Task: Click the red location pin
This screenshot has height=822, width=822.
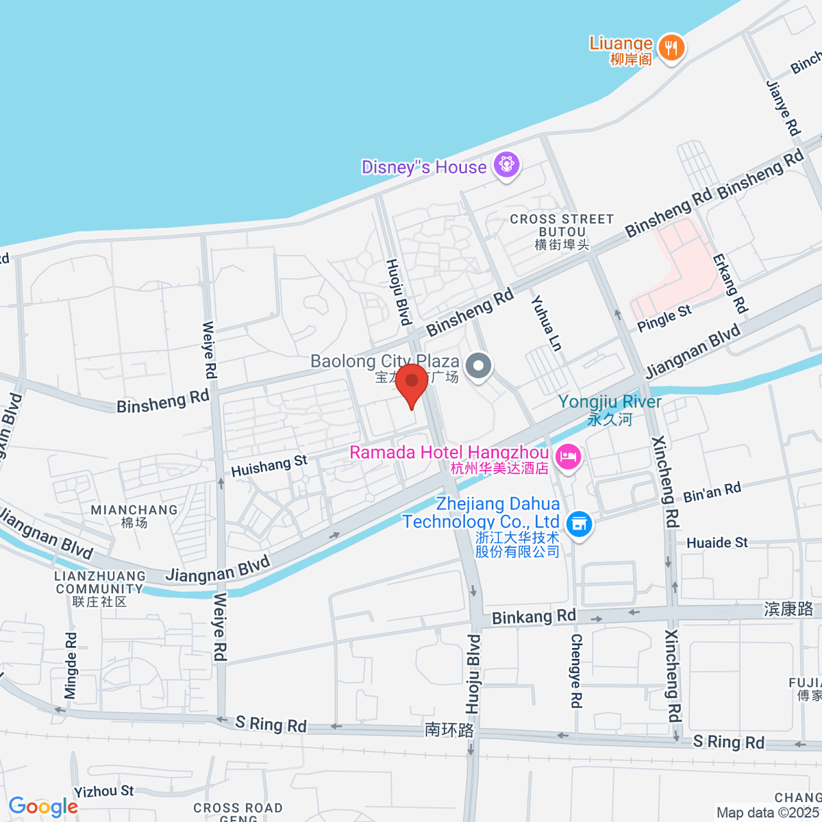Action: click(x=412, y=384)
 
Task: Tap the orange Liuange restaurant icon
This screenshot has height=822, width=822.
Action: click(x=671, y=48)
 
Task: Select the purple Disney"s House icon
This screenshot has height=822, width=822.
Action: click(x=507, y=165)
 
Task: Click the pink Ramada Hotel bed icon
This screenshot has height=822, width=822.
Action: click(x=568, y=456)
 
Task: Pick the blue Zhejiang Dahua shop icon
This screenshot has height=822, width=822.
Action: click(x=580, y=524)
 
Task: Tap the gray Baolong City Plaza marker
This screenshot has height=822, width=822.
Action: click(x=478, y=365)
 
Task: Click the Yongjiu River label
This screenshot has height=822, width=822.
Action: click(x=610, y=402)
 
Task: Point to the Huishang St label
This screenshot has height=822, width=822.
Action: click(x=269, y=466)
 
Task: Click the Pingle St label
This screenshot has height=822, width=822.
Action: click(x=664, y=319)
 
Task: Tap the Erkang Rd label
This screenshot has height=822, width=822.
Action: click(x=730, y=284)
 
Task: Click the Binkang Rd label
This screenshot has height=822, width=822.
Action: click(x=534, y=616)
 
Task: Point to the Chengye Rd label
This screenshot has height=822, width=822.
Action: click(x=576, y=671)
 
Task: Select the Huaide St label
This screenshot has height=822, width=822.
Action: click(x=717, y=543)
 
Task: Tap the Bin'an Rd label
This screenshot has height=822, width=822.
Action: click(x=712, y=492)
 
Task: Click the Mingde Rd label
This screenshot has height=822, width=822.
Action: click(x=71, y=666)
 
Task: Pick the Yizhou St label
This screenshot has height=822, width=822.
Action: click(x=104, y=791)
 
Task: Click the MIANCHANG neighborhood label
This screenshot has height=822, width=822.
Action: click(x=134, y=510)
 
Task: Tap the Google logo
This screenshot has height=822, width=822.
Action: click(x=43, y=807)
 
